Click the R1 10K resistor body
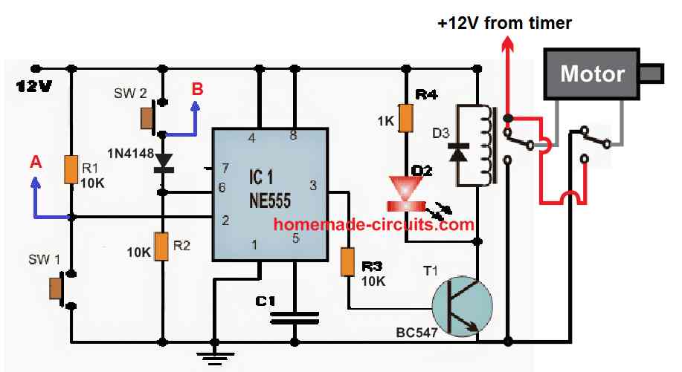click(x=71, y=169)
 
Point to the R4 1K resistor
click(x=405, y=117)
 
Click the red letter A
click(x=34, y=162)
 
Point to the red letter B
click(x=197, y=89)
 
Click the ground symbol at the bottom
click(x=215, y=356)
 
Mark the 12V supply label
click(x=33, y=87)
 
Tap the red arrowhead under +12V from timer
click(x=507, y=45)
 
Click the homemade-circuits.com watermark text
click(x=373, y=223)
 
